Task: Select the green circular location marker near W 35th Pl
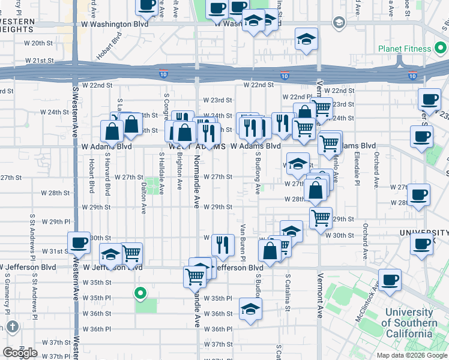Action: tap(140, 293)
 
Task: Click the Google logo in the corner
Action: tap(20, 353)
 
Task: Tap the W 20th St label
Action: tap(43, 43)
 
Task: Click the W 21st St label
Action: tap(40, 61)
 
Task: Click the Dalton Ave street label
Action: tap(143, 200)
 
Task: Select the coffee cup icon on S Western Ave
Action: tap(79, 242)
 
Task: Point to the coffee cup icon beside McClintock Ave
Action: tap(390, 279)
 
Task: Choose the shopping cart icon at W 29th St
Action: tap(321, 217)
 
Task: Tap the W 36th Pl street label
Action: tap(218, 329)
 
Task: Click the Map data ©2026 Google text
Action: tap(412, 355)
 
